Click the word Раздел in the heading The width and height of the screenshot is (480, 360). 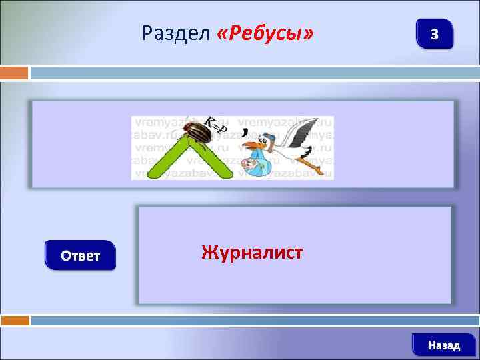click(176, 33)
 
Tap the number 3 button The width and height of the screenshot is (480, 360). click(434, 34)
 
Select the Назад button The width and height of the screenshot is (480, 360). click(443, 345)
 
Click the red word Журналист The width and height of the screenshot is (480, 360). click(252, 253)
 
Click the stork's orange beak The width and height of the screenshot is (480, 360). click(251, 145)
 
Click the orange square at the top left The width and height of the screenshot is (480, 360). click(14, 73)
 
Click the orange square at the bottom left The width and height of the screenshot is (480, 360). click(14, 321)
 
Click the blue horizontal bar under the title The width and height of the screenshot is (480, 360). click(253, 73)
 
